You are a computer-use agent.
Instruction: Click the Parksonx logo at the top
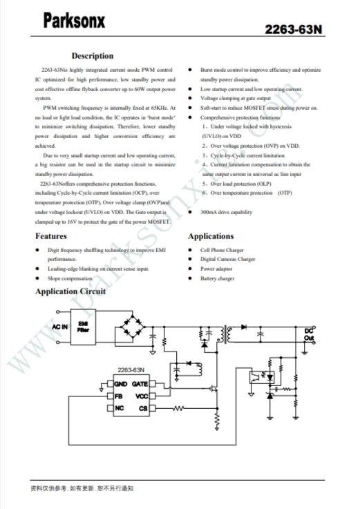74,21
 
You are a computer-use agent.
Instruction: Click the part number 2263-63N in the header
294,30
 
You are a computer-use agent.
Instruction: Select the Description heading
93,56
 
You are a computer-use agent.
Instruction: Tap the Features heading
51,236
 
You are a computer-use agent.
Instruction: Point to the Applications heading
211,236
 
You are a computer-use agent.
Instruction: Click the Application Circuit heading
70,291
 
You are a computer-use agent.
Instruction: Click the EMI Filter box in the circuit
83,327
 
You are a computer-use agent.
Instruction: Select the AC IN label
60,327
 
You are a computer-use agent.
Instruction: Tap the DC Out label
309,334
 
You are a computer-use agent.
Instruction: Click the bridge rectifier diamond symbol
132,327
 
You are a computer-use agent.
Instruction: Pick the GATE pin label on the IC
140,384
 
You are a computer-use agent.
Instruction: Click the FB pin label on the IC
119,396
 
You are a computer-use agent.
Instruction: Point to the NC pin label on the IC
120,408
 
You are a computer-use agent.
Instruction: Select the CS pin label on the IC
143,408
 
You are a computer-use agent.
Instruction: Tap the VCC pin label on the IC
142,396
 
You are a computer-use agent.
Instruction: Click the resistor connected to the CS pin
178,408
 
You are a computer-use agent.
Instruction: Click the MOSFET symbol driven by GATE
213,388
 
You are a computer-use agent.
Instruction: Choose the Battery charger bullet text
218,278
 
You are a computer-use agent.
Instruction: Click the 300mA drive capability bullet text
226,212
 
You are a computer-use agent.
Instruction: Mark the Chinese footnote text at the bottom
82,488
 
